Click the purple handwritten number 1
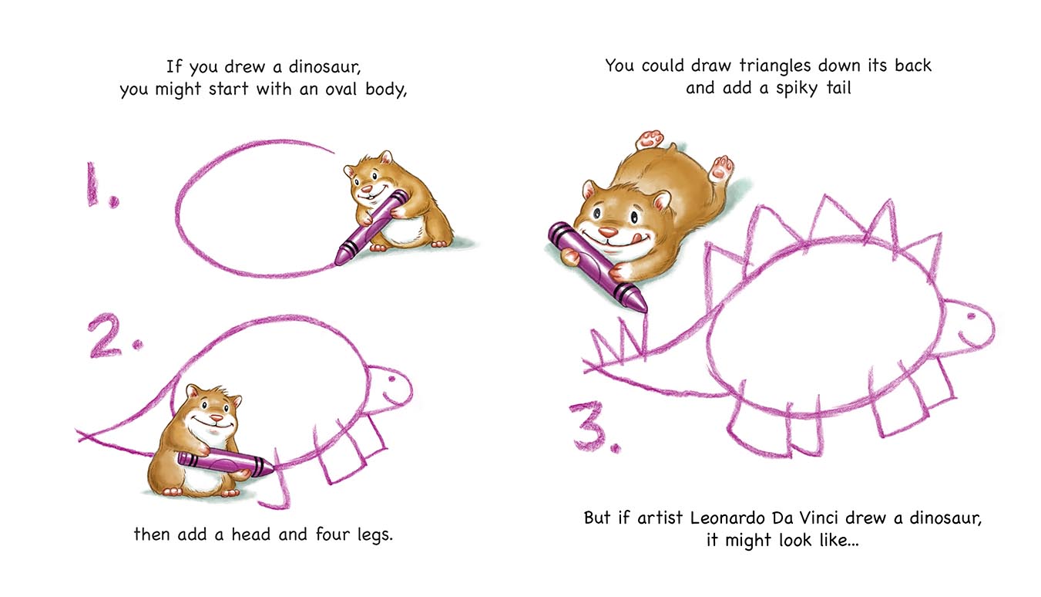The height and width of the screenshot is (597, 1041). click(94, 184)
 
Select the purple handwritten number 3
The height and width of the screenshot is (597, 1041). click(588, 427)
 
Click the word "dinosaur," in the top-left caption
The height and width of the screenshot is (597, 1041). click(324, 67)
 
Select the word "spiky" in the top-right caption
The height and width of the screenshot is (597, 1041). click(797, 89)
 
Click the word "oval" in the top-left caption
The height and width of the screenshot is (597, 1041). click(341, 89)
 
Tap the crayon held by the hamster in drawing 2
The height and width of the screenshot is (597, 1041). click(227, 463)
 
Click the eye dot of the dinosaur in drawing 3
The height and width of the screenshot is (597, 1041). click(971, 317)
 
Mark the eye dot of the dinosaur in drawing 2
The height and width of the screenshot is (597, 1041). click(391, 379)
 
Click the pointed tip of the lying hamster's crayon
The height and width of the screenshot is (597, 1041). click(645, 310)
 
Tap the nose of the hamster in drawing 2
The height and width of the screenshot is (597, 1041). click(217, 418)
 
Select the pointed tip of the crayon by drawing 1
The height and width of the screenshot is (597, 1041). click(337, 262)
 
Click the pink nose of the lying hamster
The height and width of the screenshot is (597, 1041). click(608, 231)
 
